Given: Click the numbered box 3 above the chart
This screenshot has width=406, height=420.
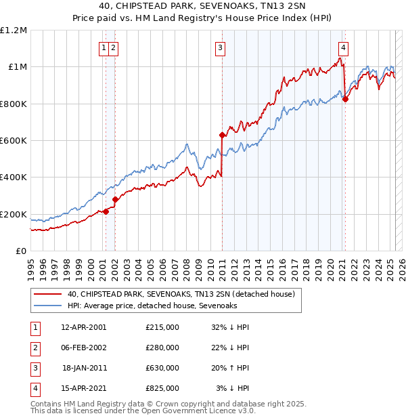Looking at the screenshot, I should pyautogui.click(x=221, y=47).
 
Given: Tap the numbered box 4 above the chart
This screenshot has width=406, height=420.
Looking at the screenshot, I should pyautogui.click(x=344, y=47).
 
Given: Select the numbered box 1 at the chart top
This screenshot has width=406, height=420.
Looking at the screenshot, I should pyautogui.click(x=104, y=47).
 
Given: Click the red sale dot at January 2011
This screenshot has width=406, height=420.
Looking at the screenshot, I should pyautogui.click(x=221, y=135).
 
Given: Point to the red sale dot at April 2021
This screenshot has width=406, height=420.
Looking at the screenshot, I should pyautogui.click(x=345, y=99).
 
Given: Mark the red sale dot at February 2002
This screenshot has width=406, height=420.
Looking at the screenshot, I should pyautogui.click(x=115, y=199).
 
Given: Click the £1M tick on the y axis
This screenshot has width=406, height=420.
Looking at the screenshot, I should pyautogui.click(x=16, y=67).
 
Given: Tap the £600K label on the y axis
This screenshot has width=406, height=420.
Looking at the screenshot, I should pyautogui.click(x=14, y=141).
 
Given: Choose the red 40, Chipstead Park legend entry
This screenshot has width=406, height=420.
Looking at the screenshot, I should pyautogui.click(x=181, y=295).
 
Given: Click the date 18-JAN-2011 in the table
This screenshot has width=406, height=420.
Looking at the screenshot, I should pyautogui.click(x=85, y=369).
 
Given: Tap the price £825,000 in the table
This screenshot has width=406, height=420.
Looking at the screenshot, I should pyautogui.click(x=162, y=388).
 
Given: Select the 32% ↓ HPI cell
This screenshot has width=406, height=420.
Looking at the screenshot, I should pyautogui.click(x=231, y=327).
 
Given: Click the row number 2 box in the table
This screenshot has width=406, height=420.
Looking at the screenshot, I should pyautogui.click(x=35, y=348).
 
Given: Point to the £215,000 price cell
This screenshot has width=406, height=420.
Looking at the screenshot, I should pyautogui.click(x=162, y=327).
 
